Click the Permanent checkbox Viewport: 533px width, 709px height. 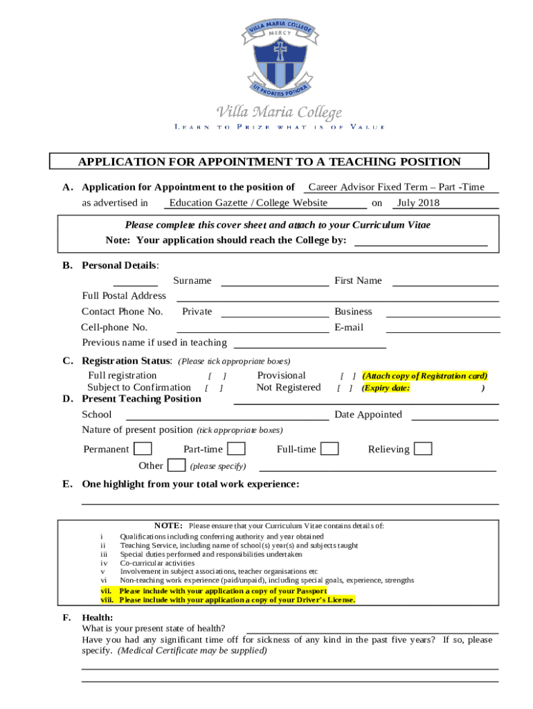tap(143, 449)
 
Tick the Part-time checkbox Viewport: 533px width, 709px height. tap(236, 449)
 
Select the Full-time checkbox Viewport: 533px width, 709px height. tap(329, 449)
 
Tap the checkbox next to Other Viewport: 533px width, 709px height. tap(177, 465)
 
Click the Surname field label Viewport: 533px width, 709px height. tap(192, 280)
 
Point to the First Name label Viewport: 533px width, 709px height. tap(358, 280)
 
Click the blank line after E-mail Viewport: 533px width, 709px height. tap(442, 327)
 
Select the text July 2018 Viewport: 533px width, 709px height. tap(417, 203)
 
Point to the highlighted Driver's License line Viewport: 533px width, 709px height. tap(228, 600)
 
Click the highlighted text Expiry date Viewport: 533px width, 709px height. tap(387, 388)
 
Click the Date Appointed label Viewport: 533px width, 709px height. tap(368, 415)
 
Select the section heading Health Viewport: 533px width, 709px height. tap(97, 617)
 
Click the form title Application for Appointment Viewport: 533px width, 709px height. tap(269, 162)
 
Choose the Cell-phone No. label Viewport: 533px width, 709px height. tap(114, 327)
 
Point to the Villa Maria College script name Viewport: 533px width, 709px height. tap(280, 112)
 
